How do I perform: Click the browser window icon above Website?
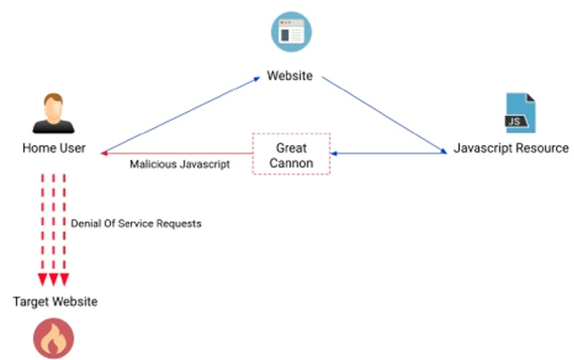[x=291, y=32]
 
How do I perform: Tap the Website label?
[x=290, y=75]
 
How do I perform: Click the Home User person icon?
[x=53, y=113]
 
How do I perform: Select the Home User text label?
[x=54, y=148]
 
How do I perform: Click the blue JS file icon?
[x=520, y=113]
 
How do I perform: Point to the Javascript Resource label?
[x=511, y=148]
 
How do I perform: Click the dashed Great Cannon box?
[x=291, y=134]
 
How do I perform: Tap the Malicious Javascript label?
[x=180, y=164]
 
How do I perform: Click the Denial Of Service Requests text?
[x=136, y=223]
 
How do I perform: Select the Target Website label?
[x=55, y=302]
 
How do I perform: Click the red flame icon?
[x=53, y=339]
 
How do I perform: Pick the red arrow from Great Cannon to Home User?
[x=176, y=153]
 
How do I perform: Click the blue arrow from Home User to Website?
[x=180, y=115]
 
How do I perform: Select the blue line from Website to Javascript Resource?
[x=385, y=115]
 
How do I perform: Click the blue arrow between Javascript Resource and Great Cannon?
[x=389, y=153]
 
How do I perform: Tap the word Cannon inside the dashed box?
[x=291, y=163]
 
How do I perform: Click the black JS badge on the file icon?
[x=516, y=121]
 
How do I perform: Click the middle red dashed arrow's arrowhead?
[x=53, y=280]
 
